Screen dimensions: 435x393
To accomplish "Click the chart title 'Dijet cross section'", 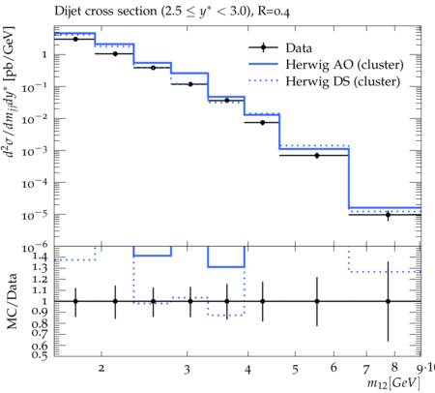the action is point(106,12).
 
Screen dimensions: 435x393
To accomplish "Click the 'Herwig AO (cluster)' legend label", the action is point(344,65).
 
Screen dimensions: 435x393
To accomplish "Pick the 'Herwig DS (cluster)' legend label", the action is point(343,81).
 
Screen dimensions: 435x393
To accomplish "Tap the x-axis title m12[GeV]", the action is point(393,383).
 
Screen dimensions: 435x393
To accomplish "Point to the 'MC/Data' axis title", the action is point(12,301).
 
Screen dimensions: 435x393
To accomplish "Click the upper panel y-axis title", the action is point(10,92).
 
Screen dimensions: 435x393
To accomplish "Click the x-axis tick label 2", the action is point(101,369).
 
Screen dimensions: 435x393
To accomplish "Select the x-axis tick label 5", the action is point(295,370).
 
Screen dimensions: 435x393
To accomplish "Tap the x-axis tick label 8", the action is point(394,367).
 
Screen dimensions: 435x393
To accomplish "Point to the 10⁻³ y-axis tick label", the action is point(35,150).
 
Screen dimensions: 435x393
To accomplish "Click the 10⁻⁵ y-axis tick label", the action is point(35,214).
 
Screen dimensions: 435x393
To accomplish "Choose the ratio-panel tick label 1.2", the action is point(40,279).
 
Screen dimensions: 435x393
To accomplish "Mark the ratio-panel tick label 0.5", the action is point(40,355).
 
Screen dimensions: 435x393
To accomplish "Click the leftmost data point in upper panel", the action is point(75,39).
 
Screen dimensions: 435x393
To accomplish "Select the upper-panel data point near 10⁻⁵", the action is point(388,215).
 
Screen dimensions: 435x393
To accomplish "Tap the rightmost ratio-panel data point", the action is point(388,301).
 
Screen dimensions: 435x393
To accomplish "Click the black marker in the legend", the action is point(264,47).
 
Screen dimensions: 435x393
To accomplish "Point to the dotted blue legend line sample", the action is point(263,80).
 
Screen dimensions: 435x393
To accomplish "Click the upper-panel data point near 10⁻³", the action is point(317,156).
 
